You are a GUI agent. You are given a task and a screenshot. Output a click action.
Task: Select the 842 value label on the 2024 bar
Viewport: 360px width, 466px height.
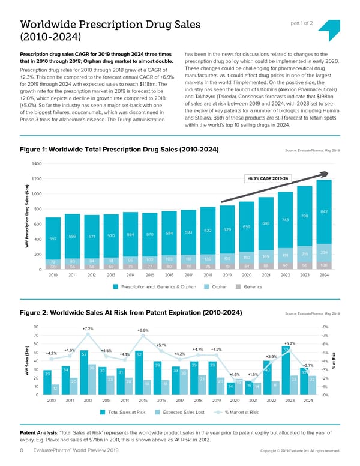pos(324,211)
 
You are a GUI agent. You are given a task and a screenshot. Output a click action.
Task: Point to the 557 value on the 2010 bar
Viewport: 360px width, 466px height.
pos(53,238)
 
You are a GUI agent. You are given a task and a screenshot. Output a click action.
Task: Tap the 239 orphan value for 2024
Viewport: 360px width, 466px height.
pos(324,253)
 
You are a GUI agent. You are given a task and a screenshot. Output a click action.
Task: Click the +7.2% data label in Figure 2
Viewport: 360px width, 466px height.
pos(88,329)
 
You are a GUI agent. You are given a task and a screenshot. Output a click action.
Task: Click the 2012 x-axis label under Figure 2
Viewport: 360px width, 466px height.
pos(88,399)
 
